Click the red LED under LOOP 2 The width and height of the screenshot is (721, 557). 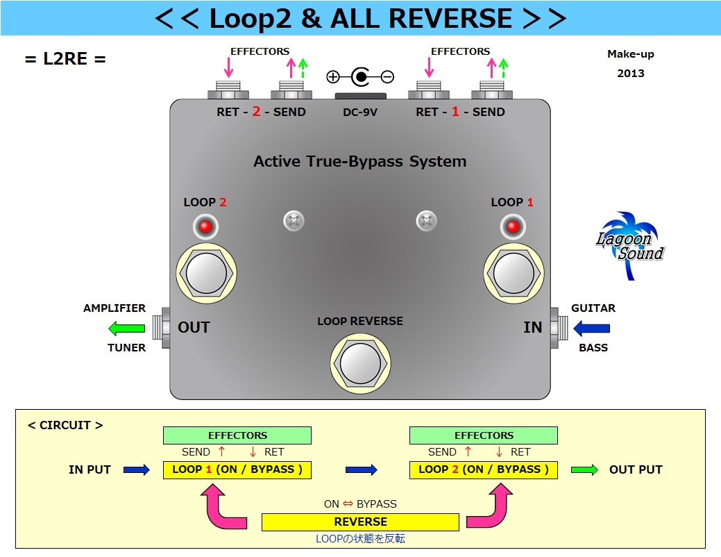pyautogui.click(x=205, y=226)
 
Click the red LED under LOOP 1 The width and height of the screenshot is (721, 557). pyautogui.click(x=513, y=226)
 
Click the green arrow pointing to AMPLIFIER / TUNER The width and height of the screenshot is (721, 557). pyautogui.click(x=127, y=328)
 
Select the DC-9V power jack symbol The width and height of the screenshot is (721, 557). pyautogui.click(x=360, y=77)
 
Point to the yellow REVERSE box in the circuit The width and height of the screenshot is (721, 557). pyautogui.click(x=360, y=522)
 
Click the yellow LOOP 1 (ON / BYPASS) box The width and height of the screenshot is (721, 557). pyautogui.click(x=237, y=469)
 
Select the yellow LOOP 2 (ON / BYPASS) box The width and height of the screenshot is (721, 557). pyautogui.click(x=484, y=469)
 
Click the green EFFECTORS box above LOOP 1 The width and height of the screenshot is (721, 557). pyautogui.click(x=237, y=435)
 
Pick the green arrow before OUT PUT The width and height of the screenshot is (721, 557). pyautogui.click(x=584, y=470)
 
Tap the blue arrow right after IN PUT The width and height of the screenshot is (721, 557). pyautogui.click(x=137, y=470)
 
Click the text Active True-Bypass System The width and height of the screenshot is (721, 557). pyautogui.click(x=359, y=162)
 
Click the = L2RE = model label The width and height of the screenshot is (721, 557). pyautogui.click(x=65, y=59)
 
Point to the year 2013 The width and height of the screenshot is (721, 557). pyautogui.click(x=631, y=73)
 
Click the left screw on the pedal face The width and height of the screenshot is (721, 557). pyautogui.click(x=294, y=222)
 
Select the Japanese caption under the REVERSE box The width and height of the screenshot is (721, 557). pyautogui.click(x=360, y=539)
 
